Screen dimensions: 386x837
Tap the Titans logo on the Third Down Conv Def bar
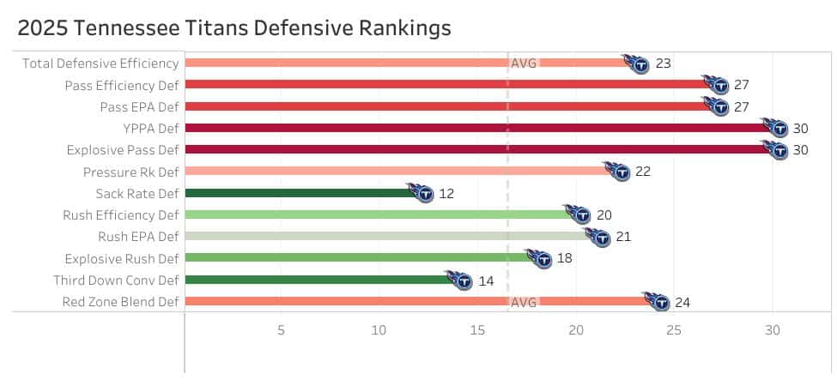461,280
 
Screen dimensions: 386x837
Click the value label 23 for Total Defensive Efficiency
663,63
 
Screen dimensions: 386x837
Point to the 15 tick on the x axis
478,330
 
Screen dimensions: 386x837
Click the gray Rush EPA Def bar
386,237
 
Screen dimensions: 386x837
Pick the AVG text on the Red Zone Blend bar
524,302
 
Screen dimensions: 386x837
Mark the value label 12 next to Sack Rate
446,194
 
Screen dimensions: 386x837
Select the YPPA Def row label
151,128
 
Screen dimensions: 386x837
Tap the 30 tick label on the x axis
773,330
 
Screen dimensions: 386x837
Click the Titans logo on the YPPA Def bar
777,128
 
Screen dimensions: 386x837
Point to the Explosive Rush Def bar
356,258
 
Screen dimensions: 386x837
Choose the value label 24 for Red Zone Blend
682,302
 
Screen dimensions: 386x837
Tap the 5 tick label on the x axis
281,330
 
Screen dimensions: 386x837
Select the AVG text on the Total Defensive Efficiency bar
524,63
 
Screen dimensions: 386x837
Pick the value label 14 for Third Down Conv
486,280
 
